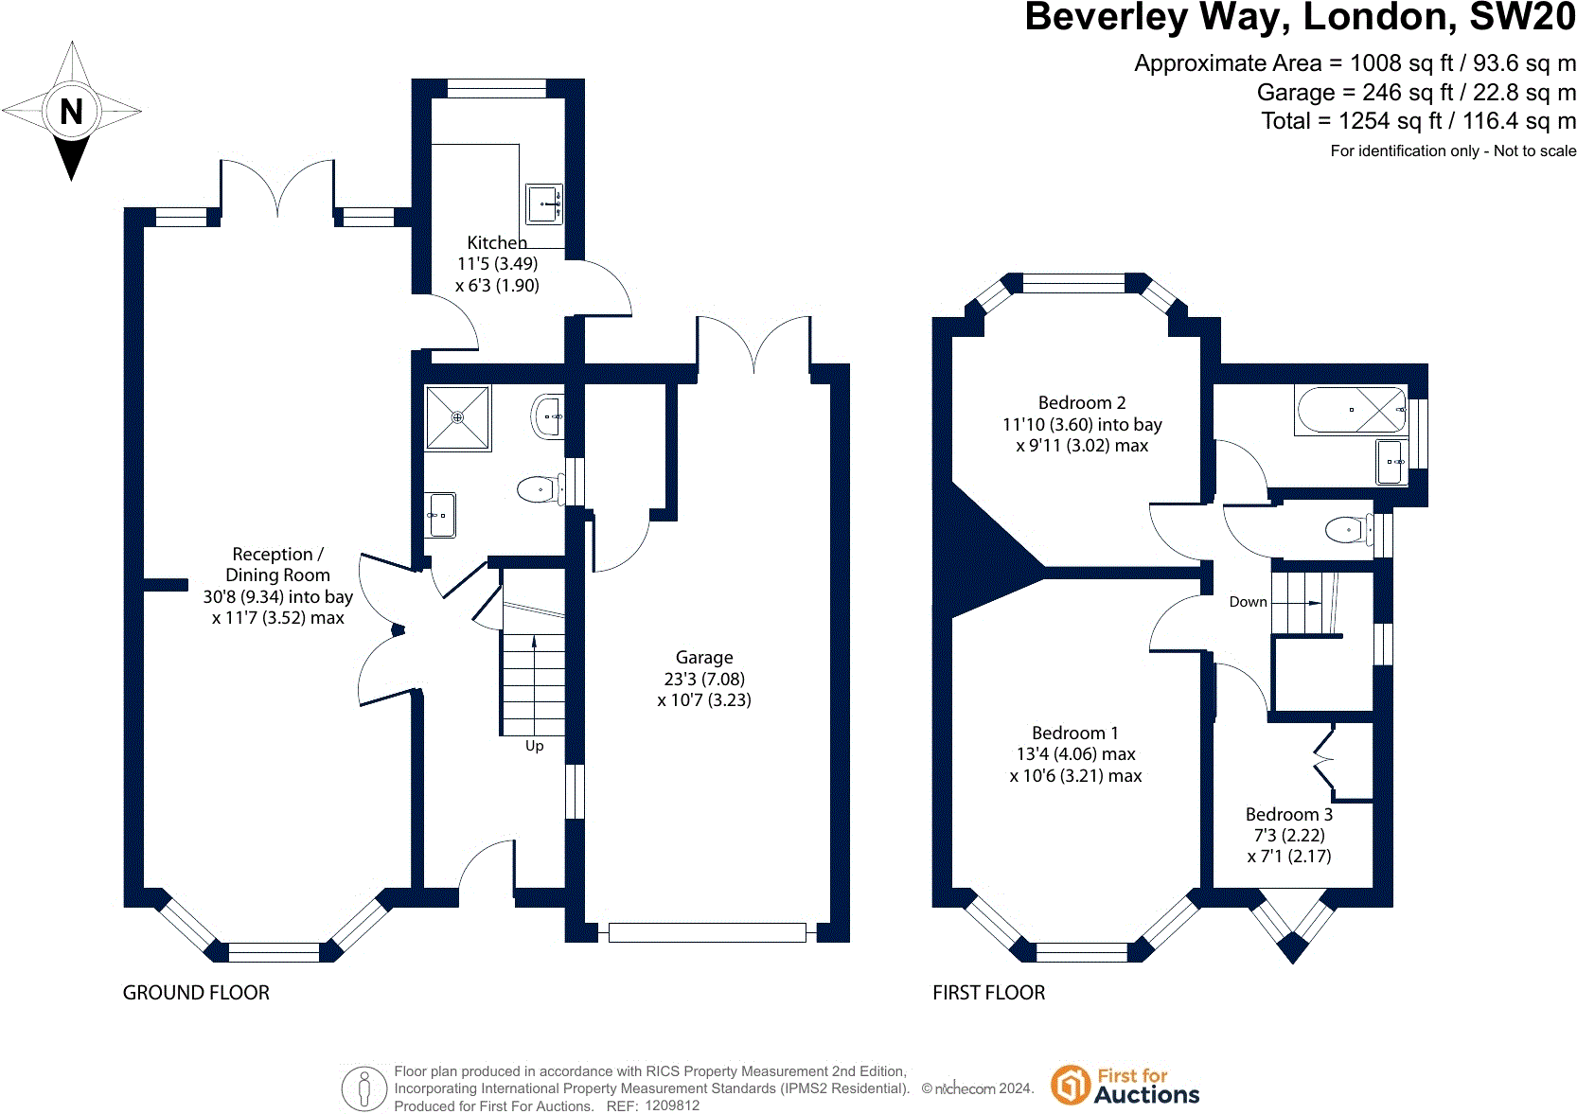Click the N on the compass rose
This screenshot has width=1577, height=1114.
point(71,112)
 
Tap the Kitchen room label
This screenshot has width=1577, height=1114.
point(497,243)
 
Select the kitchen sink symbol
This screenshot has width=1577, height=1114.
point(544,204)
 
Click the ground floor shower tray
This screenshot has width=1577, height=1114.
point(457,418)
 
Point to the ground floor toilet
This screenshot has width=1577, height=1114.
point(540,489)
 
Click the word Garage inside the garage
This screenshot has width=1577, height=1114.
point(704,658)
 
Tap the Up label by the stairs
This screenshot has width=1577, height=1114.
point(535,746)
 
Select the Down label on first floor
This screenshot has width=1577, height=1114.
point(1249,602)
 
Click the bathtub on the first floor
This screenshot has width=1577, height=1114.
point(1351,410)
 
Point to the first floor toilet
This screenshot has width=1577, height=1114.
point(1349,530)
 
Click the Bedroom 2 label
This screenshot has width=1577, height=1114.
point(1082,402)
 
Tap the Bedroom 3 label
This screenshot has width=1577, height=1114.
point(1289,814)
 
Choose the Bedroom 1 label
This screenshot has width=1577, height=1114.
point(1075,733)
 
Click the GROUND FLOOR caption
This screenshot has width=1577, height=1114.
point(196,993)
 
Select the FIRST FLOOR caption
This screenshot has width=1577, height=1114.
point(988,993)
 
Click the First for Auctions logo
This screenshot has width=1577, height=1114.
point(1125,1086)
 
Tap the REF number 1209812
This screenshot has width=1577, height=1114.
point(672,1105)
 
